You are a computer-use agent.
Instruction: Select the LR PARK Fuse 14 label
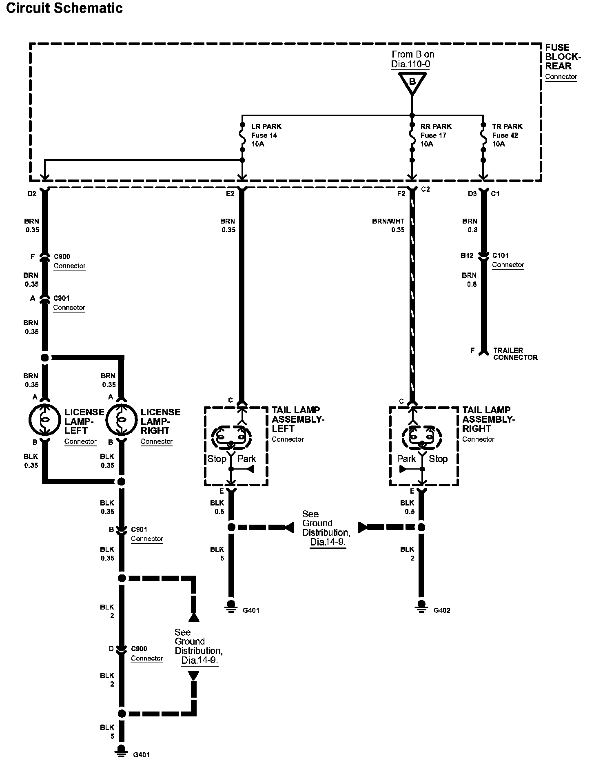coord(266,135)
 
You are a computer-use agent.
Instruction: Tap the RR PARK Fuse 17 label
coord(435,135)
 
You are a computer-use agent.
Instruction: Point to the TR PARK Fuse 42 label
coord(507,135)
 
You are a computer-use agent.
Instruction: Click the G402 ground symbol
coord(421,605)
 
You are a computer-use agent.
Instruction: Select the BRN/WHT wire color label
coord(388,221)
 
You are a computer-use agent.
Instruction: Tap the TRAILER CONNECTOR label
coord(515,354)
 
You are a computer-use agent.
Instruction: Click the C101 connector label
coord(500,256)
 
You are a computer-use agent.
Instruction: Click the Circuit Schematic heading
coord(64,8)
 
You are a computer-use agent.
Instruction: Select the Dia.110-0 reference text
coord(410,64)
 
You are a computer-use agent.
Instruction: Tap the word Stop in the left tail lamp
coord(217,459)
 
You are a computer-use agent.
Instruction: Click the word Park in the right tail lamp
coord(406,459)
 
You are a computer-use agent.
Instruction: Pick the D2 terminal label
coord(32,194)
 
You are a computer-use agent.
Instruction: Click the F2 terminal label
coord(401,194)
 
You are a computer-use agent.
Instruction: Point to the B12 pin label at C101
coord(467,256)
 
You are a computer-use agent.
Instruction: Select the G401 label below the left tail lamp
coord(251,611)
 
